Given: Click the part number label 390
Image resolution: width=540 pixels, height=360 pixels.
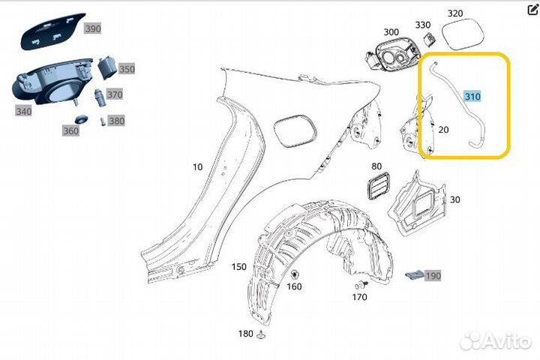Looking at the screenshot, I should point(92,28).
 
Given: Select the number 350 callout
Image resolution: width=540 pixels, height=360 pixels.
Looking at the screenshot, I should point(127,69).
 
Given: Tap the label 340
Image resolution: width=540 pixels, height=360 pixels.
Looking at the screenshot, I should point(23,112).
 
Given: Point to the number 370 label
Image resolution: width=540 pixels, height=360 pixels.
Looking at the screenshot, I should point(115,95).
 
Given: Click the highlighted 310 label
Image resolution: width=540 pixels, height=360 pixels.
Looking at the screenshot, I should point(472,97).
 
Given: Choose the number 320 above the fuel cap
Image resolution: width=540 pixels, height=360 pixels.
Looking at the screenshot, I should point(455,13).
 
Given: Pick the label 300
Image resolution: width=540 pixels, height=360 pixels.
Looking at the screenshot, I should point(391,31).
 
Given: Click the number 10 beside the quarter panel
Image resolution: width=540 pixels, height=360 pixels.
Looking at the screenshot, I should point(197,167).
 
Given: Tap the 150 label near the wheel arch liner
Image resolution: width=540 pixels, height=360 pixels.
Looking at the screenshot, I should point(238,267).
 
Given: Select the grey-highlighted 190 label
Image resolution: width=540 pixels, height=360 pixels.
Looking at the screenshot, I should point(433,275).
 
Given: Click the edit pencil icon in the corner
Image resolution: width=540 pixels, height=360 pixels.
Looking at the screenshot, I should point(533,10).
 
